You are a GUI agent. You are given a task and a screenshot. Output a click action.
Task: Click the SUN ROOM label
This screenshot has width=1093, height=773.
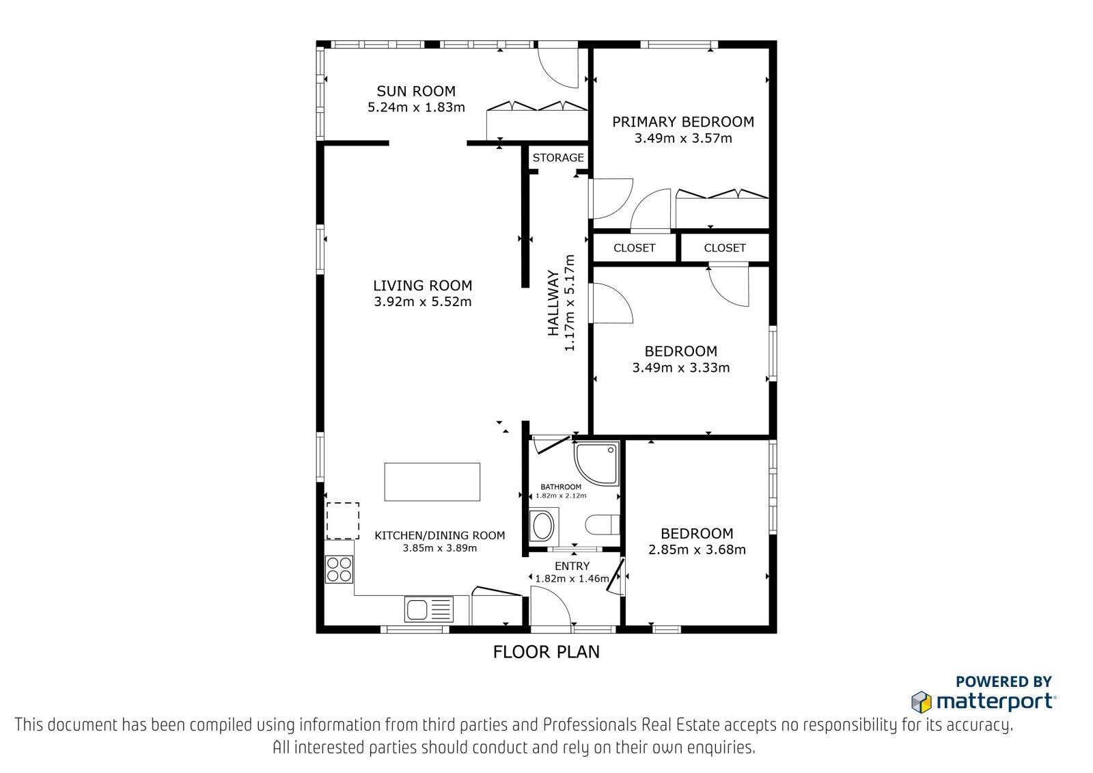(416, 91)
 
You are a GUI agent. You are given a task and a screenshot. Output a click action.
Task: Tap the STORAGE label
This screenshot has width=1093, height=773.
(558, 158)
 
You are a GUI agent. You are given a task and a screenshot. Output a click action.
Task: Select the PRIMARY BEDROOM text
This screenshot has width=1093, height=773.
(683, 122)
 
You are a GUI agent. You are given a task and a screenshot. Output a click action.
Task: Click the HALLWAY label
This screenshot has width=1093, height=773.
(553, 303)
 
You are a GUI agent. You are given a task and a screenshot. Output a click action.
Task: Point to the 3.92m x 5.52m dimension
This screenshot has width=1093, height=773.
(423, 301)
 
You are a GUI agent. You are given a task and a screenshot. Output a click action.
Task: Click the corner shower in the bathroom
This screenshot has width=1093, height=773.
(597, 463)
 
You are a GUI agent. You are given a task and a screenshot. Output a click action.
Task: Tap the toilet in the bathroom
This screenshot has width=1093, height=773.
(602, 525)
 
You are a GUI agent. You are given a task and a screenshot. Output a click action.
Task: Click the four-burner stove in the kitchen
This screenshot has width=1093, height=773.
(339, 569)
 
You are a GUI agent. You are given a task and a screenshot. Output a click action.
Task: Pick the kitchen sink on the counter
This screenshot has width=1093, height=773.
(429, 610)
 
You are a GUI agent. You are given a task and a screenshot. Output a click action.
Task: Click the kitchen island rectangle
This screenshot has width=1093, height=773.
(432, 481)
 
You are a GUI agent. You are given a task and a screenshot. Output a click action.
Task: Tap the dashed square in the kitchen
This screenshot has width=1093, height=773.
(342, 521)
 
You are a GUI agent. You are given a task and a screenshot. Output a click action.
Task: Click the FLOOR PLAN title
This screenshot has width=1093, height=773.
(546, 652)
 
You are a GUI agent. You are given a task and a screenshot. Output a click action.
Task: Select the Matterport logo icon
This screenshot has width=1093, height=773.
(922, 702)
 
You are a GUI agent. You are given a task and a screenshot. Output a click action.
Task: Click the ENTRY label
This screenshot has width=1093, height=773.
(572, 566)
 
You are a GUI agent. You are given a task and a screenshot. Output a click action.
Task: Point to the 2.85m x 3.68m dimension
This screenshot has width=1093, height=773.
(697, 550)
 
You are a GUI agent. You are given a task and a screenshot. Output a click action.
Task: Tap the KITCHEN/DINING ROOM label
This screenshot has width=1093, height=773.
(440, 535)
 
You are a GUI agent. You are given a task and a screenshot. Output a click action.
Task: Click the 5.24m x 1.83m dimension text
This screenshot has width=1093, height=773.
(416, 107)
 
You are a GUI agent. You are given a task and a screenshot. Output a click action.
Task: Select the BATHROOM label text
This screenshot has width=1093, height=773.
(561, 487)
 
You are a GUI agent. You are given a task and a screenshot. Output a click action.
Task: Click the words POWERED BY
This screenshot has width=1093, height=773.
(1004, 681)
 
